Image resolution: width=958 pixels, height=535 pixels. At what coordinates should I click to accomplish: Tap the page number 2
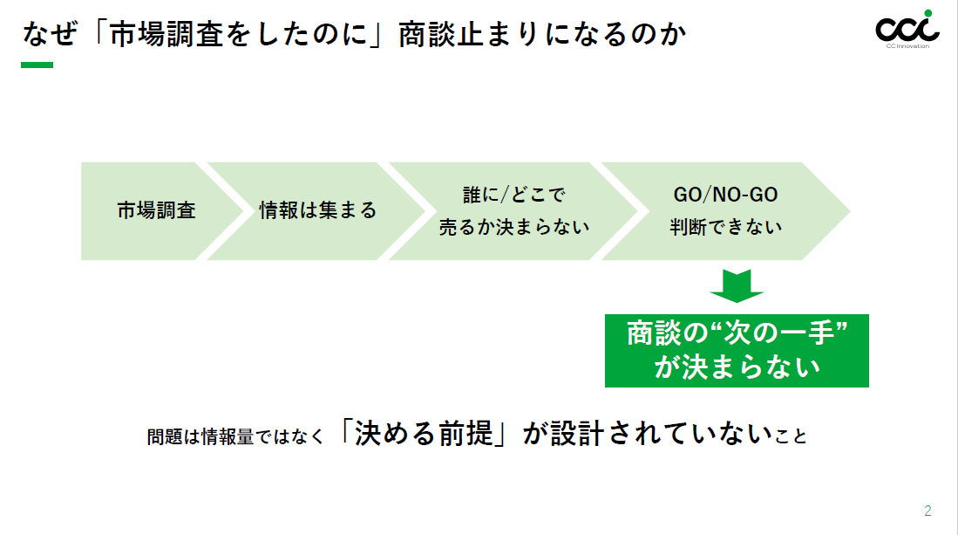click(927, 511)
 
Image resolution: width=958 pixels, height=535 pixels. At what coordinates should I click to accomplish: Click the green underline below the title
click(37, 65)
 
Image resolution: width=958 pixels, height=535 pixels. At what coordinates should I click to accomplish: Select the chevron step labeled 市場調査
click(156, 210)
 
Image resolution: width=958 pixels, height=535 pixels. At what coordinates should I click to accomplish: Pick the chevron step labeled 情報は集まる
click(318, 210)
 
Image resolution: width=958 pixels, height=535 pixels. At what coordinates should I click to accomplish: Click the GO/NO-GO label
click(725, 195)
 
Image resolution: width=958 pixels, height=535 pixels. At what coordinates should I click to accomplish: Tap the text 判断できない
click(725, 227)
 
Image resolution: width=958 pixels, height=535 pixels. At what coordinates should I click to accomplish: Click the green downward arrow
click(737, 285)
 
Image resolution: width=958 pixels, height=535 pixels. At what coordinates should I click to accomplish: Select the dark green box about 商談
click(737, 350)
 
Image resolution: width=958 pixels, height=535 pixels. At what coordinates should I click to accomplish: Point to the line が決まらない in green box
click(737, 367)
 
